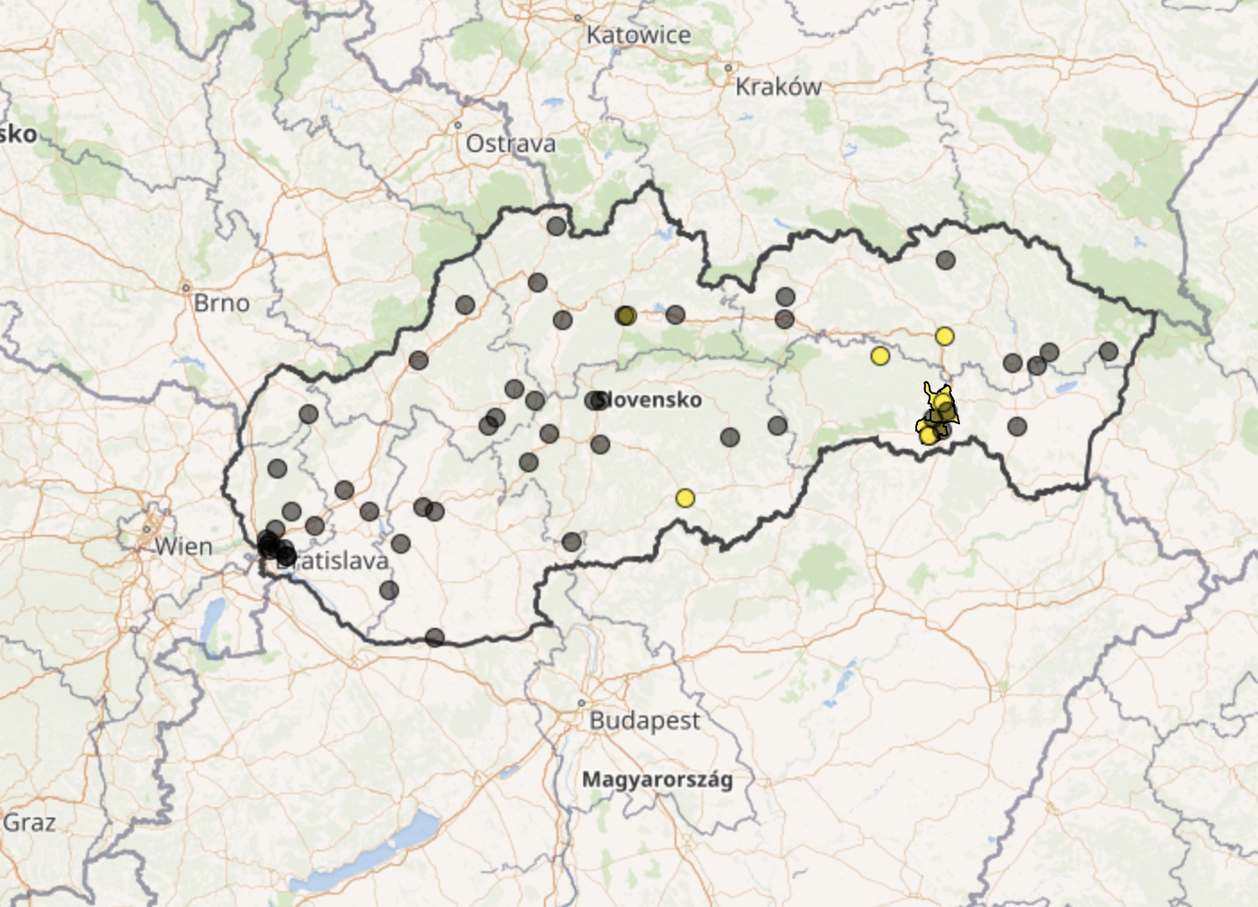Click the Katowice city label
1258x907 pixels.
coord(638,35)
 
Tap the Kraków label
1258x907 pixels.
coord(778,87)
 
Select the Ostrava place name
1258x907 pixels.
coord(510,143)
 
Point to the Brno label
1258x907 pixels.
coord(221,303)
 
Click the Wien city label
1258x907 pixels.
coord(183,546)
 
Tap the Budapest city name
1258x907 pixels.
coord(644,720)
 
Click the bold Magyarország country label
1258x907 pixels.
coord(657,779)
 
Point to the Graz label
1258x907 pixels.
coord(30,822)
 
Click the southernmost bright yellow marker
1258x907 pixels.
coord(685,498)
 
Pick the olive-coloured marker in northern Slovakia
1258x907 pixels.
coord(626,315)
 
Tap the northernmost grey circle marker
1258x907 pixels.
coord(557,226)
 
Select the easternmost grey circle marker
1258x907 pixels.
coord(1109,352)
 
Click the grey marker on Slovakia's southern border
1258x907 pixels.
coord(435,638)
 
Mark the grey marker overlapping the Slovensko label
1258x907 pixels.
coord(595,401)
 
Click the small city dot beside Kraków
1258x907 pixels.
coord(728,68)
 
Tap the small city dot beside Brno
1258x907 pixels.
coord(186,288)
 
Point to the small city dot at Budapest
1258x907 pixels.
coord(582,703)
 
